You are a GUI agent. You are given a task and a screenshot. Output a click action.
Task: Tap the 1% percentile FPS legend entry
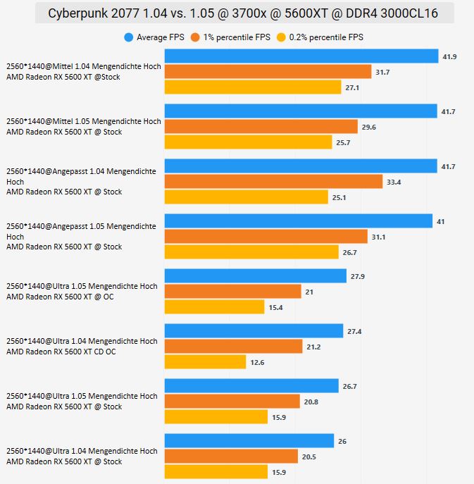(237, 37)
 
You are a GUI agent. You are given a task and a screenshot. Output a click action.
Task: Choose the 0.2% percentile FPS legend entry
(321, 37)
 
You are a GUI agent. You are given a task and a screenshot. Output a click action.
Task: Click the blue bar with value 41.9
(301, 56)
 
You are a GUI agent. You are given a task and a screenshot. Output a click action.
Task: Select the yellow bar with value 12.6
(200, 362)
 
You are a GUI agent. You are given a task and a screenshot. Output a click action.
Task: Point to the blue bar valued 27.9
(255, 276)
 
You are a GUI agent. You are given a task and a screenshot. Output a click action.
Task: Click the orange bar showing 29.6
(261, 127)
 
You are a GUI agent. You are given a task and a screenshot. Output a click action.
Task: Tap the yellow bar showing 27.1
(250, 87)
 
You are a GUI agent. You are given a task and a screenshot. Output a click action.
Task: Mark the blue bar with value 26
(249, 441)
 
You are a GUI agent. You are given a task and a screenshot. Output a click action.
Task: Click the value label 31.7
(385, 72)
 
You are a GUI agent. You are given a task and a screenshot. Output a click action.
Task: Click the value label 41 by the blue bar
(441, 221)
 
